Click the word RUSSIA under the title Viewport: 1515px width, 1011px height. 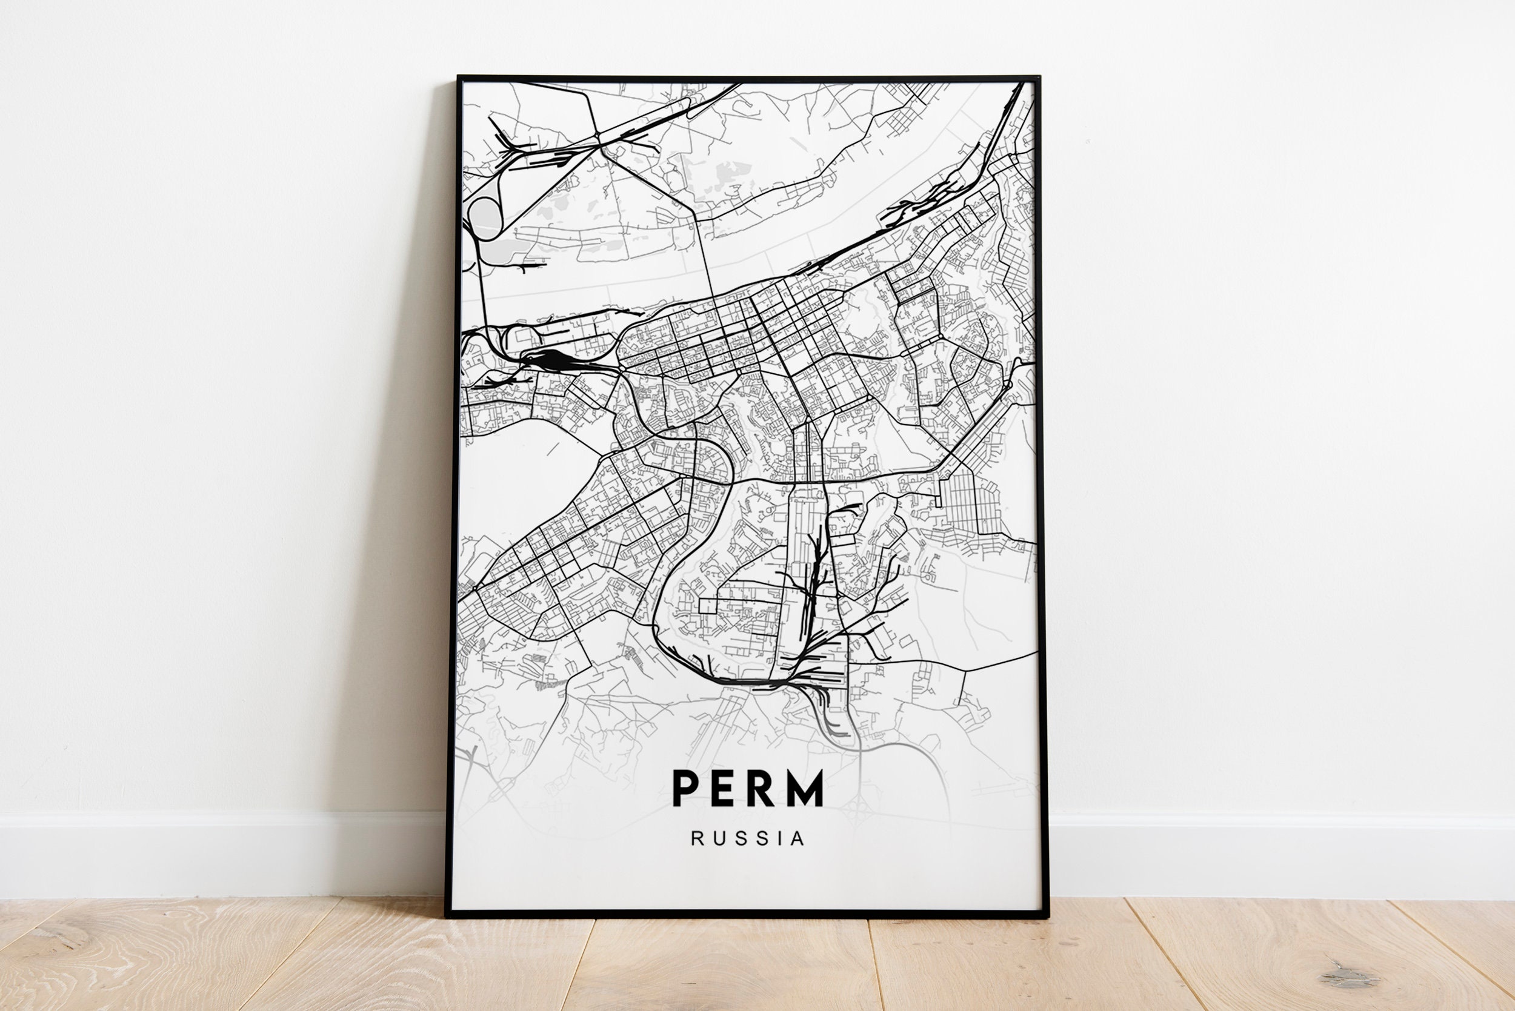[748, 839]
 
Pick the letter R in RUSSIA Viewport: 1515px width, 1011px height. [696, 839]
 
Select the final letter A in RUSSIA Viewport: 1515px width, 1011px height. [797, 839]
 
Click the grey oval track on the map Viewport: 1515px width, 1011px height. [485, 217]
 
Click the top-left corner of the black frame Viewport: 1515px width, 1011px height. [459, 78]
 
